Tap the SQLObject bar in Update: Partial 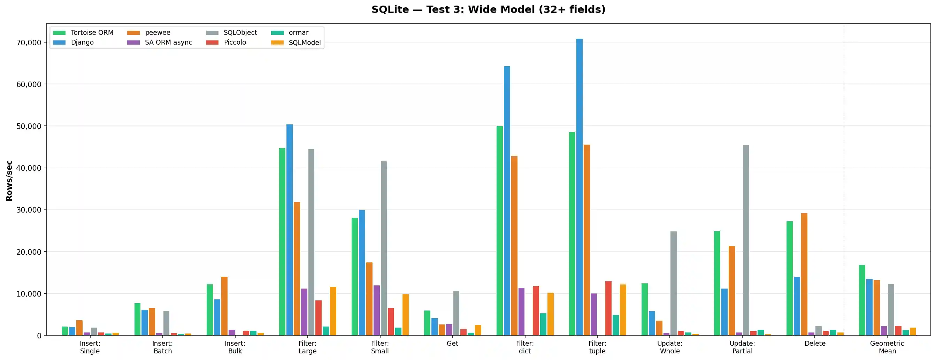[x=746, y=240]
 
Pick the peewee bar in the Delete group [x=804, y=274]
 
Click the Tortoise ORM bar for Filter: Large [x=282, y=241]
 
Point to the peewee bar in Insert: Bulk [x=224, y=306]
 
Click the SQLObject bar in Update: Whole [x=673, y=283]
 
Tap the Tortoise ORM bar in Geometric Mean [x=862, y=300]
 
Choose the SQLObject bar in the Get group [x=456, y=313]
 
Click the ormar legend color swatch [x=277, y=33]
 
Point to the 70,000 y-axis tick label [x=29, y=43]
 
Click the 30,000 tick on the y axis [x=29, y=210]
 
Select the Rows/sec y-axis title [x=9, y=181]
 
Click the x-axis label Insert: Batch [x=162, y=347]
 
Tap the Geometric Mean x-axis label [x=887, y=347]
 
